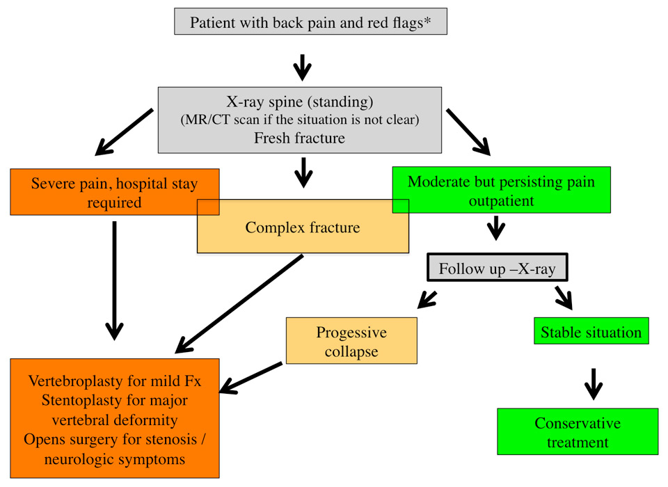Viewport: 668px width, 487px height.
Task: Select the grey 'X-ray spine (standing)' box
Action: (299, 119)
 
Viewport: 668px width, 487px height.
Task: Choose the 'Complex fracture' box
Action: (303, 227)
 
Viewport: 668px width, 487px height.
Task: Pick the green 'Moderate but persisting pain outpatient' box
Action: (501, 190)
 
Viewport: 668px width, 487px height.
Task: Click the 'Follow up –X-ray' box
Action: (497, 269)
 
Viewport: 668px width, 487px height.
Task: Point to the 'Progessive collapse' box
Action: (351, 341)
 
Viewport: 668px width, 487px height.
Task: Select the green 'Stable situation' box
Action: (591, 331)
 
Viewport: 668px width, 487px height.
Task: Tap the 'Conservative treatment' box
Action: (578, 432)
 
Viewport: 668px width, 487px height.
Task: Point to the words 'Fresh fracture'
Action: (299, 138)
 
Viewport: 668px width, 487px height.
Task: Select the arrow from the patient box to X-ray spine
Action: (302, 67)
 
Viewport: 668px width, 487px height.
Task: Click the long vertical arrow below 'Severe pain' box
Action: (114, 278)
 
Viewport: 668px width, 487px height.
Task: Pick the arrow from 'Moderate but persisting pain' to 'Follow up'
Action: (496, 227)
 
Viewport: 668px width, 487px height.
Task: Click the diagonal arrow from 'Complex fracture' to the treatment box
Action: (244, 303)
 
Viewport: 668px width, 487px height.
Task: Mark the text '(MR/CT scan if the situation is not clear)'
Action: (299, 119)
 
